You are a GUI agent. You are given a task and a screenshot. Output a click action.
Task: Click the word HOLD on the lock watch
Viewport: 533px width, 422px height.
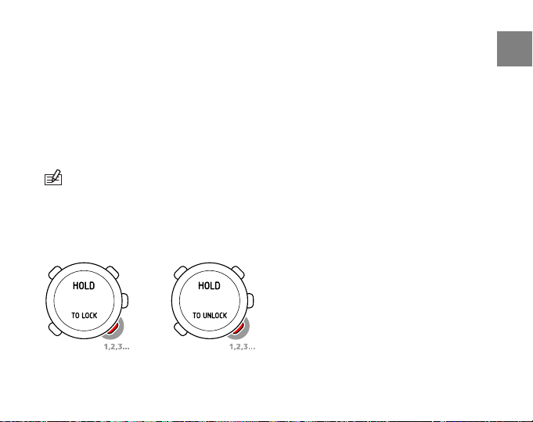[84, 286]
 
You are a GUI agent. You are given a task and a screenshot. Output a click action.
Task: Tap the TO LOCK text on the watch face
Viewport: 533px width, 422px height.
[84, 315]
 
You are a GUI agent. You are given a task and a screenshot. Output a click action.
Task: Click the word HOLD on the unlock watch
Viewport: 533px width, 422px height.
[209, 286]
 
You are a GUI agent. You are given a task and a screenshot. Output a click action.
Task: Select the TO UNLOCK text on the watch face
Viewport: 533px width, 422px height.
[209, 315]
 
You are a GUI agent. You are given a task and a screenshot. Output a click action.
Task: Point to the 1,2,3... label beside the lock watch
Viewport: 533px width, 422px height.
[116, 345]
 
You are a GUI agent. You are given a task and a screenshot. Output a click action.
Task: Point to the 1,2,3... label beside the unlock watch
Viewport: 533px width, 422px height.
[242, 345]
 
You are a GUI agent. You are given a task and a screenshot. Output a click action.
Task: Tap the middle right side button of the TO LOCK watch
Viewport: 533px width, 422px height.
[125, 300]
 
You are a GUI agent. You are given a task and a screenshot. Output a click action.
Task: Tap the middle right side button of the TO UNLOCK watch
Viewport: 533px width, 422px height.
[250, 300]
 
